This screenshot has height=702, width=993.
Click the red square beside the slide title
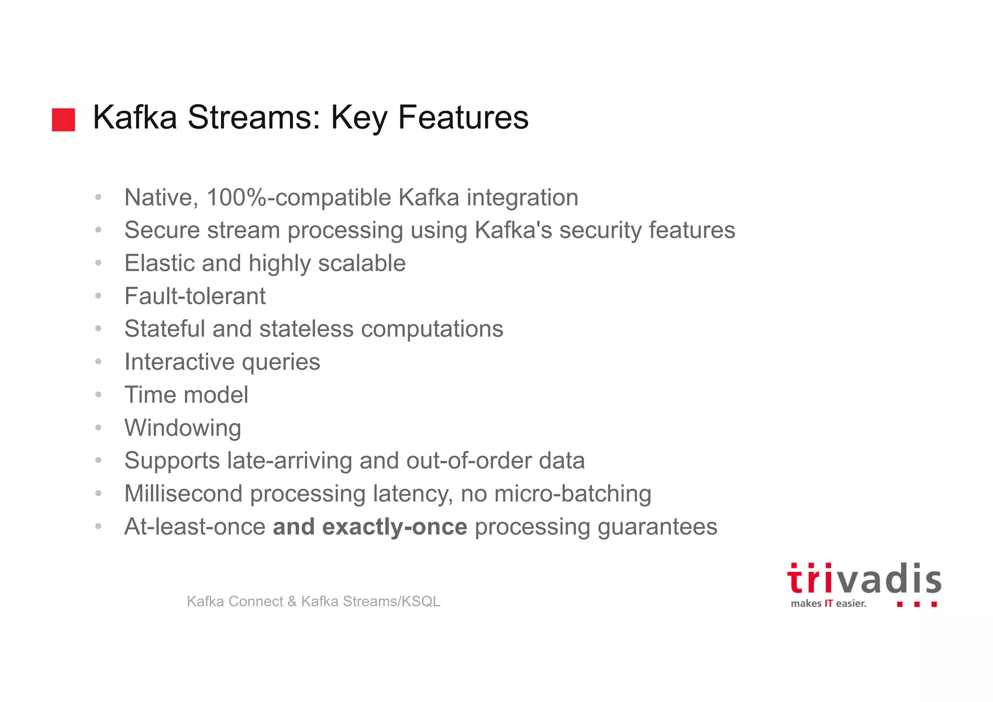64,120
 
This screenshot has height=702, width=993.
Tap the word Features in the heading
463,117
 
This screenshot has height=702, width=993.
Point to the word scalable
362,263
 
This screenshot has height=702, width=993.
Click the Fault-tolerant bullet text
195,296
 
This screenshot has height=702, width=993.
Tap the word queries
281,362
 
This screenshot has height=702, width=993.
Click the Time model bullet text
186,395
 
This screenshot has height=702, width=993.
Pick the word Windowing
183,428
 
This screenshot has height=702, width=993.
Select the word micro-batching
573,494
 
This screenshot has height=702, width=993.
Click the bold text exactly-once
394,527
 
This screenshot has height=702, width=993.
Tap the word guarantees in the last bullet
657,527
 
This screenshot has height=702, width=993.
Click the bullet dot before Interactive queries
98,362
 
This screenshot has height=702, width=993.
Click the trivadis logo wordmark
864,579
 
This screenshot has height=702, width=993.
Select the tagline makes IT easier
828,604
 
